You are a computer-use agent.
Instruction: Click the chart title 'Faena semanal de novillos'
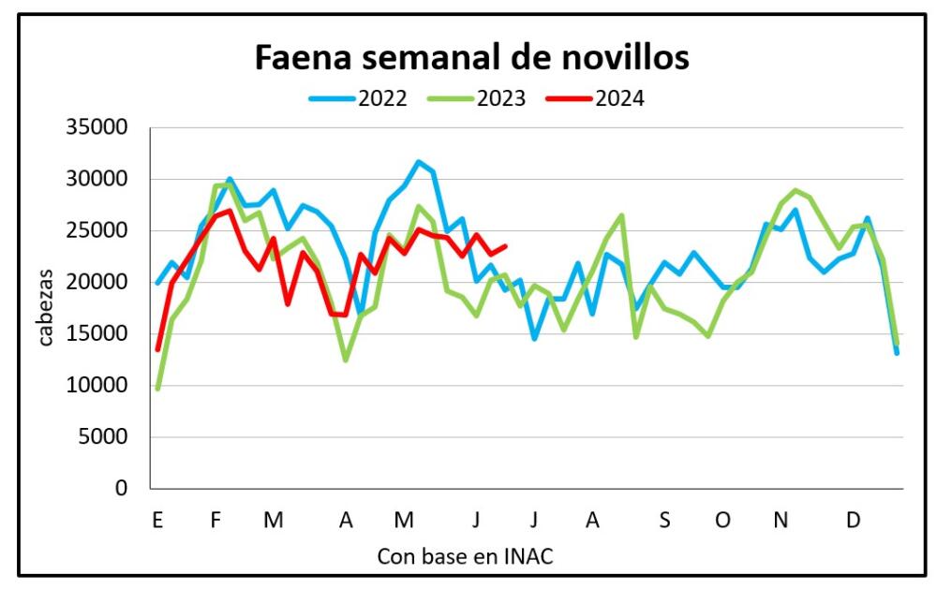pyautogui.click(x=472, y=58)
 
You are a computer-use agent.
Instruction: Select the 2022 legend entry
pyautogui.click(x=380, y=97)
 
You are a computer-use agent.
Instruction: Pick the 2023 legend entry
pyautogui.click(x=499, y=97)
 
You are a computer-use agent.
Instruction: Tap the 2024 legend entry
pyautogui.click(x=618, y=97)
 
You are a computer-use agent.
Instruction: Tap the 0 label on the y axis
pyautogui.click(x=119, y=489)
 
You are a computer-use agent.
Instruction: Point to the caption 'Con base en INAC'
pyautogui.click(x=465, y=556)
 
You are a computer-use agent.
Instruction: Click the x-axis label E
pyautogui.click(x=157, y=520)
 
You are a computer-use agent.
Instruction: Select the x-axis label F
pyautogui.click(x=215, y=520)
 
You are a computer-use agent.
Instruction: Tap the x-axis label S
pyautogui.click(x=663, y=520)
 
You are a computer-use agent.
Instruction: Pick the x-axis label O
pyautogui.click(x=722, y=520)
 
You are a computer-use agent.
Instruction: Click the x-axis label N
pyautogui.click(x=780, y=520)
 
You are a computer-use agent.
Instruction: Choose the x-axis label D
pyautogui.click(x=853, y=520)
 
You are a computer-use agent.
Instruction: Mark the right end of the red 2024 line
pyautogui.click(x=506, y=246)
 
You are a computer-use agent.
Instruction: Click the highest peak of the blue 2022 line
pyautogui.click(x=419, y=162)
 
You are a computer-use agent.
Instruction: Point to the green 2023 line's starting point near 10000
pyautogui.click(x=157, y=389)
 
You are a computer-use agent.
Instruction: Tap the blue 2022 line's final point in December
pyautogui.click(x=897, y=353)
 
